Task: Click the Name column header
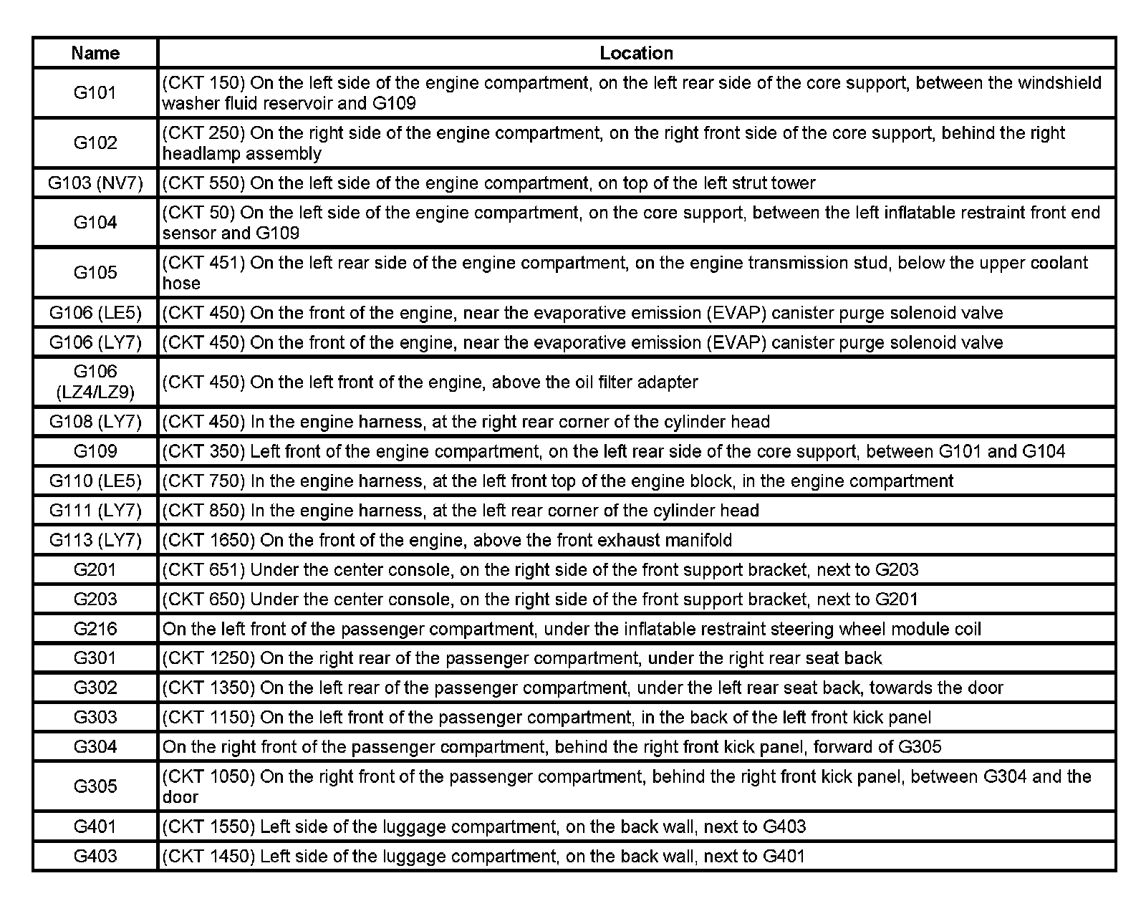[x=95, y=53]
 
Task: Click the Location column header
[x=636, y=53]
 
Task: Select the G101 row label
[x=95, y=92]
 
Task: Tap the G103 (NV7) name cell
[x=95, y=183]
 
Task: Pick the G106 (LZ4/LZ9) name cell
[x=95, y=382]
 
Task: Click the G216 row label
[x=95, y=629]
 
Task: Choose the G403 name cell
[x=95, y=856]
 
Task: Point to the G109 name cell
[x=95, y=451]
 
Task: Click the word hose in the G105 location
[x=181, y=284]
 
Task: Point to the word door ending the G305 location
[x=180, y=797]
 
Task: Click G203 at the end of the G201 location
[x=897, y=570]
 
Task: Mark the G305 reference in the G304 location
[x=919, y=747]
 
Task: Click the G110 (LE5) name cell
[x=95, y=481]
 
